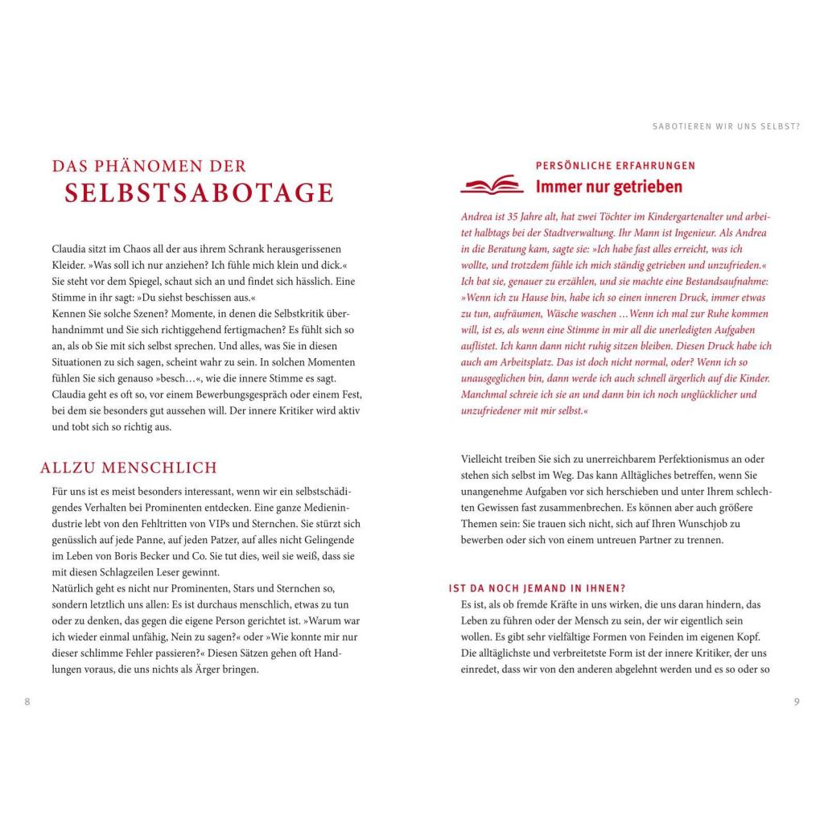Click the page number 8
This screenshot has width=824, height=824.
pyautogui.click(x=27, y=702)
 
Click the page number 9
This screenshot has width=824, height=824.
pyautogui.click(x=797, y=702)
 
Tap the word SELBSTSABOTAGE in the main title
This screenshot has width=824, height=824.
pyautogui.click(x=200, y=193)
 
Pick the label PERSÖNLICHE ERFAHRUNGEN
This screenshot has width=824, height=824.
pyautogui.click(x=616, y=166)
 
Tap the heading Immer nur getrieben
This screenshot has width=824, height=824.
pyautogui.click(x=609, y=187)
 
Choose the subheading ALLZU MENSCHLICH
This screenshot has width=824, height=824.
pyautogui.click(x=129, y=468)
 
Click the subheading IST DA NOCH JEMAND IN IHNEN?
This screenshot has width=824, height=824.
pyautogui.click(x=538, y=588)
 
